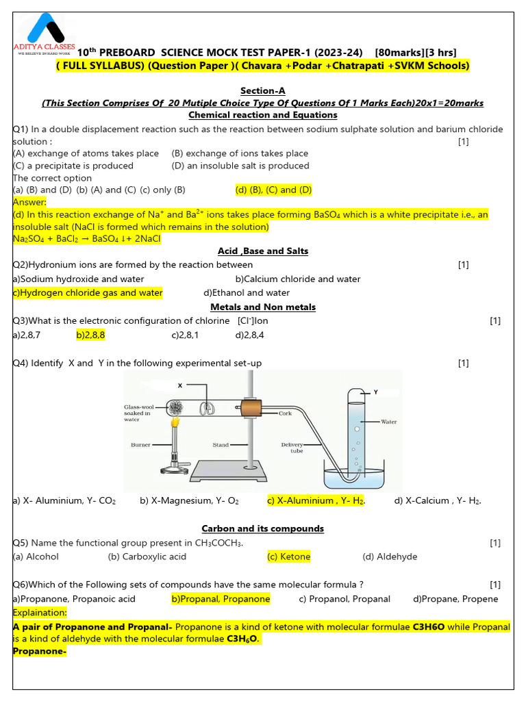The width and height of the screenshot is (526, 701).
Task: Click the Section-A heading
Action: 262,90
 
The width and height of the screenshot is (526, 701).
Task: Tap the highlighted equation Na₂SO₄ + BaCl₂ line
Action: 86,239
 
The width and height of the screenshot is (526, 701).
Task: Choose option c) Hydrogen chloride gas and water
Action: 88,292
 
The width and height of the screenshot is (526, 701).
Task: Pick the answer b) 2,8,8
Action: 90,335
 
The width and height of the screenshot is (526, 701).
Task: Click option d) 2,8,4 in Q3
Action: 249,335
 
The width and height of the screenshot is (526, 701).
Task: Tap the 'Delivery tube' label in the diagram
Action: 292,448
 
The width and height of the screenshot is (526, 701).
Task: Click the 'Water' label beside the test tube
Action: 388,422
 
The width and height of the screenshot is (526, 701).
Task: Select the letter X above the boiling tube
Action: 180,385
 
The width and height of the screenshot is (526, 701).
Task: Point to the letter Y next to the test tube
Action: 375,392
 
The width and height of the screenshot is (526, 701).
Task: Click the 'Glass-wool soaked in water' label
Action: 137,413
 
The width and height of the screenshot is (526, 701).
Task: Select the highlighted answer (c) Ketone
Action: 288,557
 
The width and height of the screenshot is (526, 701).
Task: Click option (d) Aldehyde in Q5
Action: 390,557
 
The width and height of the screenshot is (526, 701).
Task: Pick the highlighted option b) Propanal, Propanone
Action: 221,599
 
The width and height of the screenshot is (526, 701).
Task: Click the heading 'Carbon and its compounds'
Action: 262,528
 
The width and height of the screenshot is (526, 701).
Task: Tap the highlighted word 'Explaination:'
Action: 40,612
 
